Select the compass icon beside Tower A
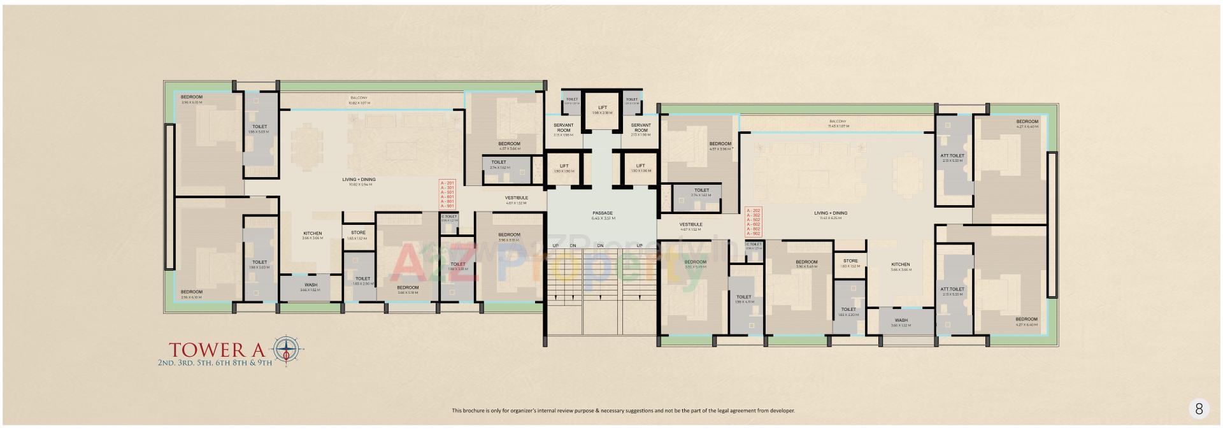(x=289, y=349)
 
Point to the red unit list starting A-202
(x=752, y=222)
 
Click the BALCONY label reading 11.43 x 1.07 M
(x=838, y=124)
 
